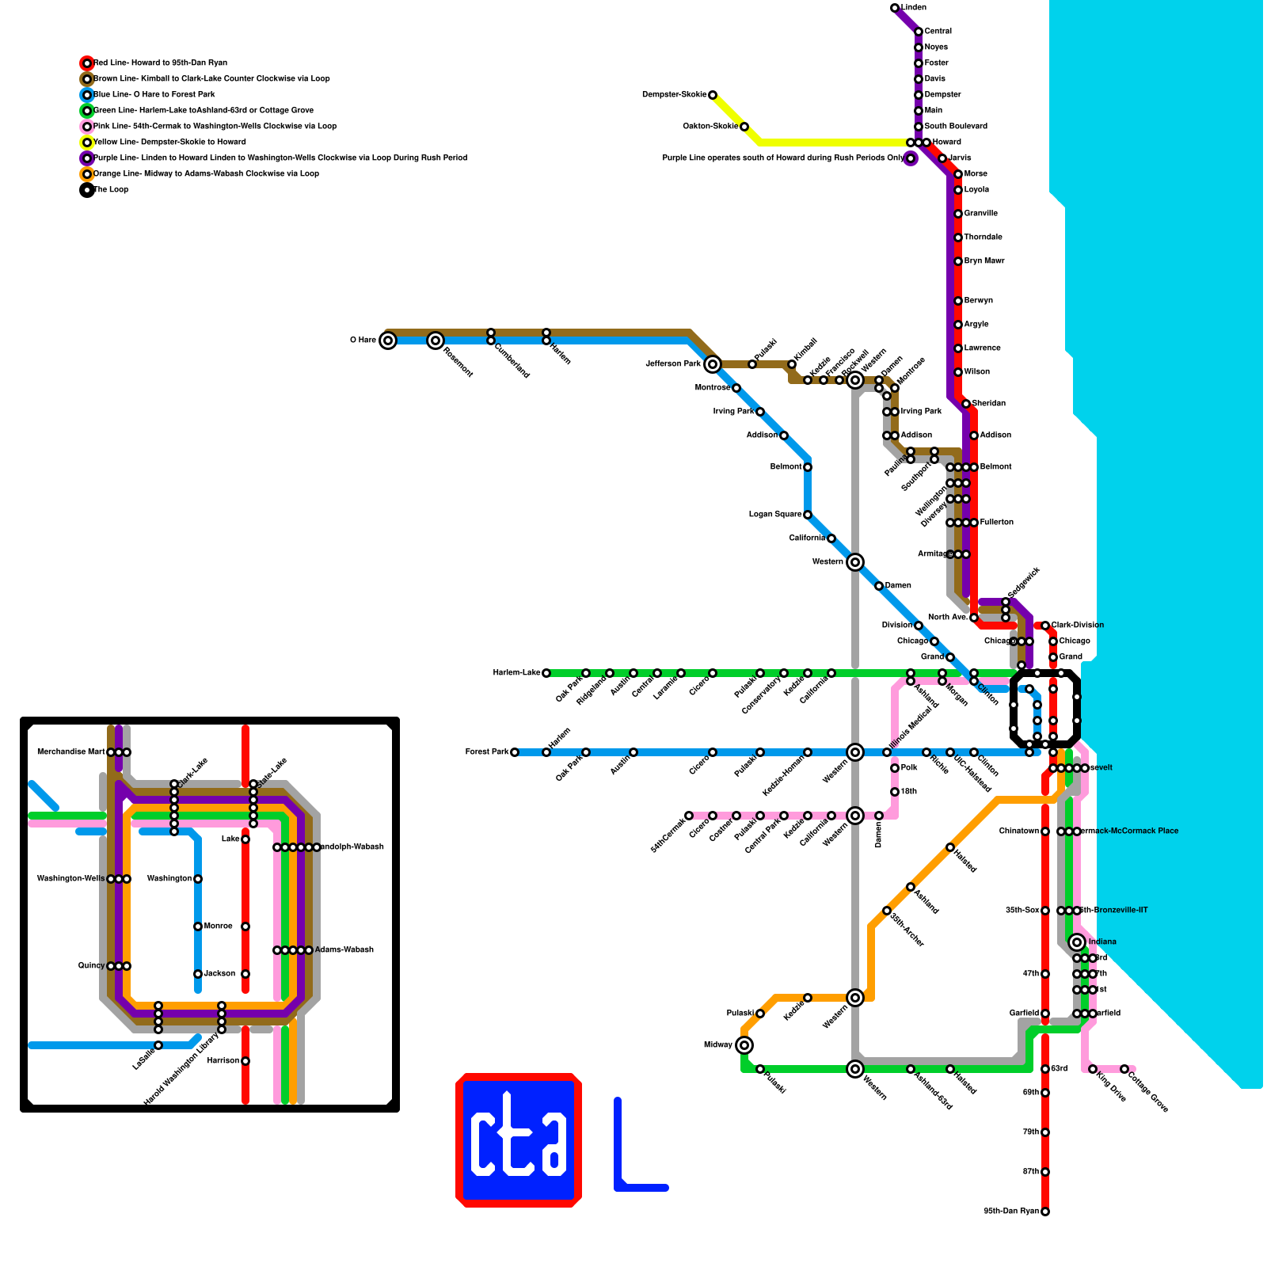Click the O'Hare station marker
point(387,341)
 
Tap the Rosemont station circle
point(435,341)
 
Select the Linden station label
point(914,8)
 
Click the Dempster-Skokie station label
point(674,95)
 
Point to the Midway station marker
point(744,1045)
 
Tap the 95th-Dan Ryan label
point(1011,1212)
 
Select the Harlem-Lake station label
point(516,673)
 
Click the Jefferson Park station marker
point(712,364)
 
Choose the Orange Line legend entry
point(206,174)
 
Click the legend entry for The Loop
point(111,190)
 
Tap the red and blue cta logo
point(519,1140)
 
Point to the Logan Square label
point(775,515)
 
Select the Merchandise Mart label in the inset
point(70,752)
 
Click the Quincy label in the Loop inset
point(91,966)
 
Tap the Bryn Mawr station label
point(984,261)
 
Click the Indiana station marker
point(1076,942)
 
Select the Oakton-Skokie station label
point(710,127)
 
